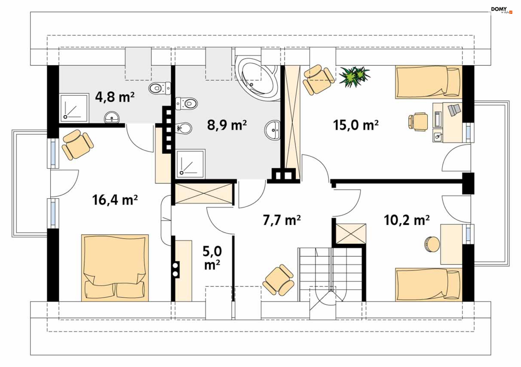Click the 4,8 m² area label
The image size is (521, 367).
pyautogui.click(x=115, y=97)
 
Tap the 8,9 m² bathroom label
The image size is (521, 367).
pyautogui.click(x=227, y=125)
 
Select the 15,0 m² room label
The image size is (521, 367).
pyautogui.click(x=356, y=125)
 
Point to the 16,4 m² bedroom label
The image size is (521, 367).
pyautogui.click(x=115, y=200)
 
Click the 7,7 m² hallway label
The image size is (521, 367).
pyautogui.click(x=282, y=220)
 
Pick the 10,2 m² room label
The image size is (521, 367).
pyautogui.click(x=406, y=220)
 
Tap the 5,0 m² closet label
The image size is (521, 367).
pyautogui.click(x=212, y=258)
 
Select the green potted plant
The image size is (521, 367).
pyautogui.click(x=354, y=77)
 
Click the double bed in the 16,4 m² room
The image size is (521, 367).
pyautogui.click(x=115, y=268)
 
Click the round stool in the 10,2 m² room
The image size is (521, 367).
pyautogui.click(x=432, y=244)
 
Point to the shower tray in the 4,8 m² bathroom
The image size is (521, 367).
pyautogui.click(x=74, y=108)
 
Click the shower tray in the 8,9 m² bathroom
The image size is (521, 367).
pyautogui.click(x=190, y=164)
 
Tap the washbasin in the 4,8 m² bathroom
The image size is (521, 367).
pyautogui.click(x=112, y=117)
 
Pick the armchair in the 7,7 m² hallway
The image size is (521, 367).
pyautogui.click(x=278, y=280)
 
